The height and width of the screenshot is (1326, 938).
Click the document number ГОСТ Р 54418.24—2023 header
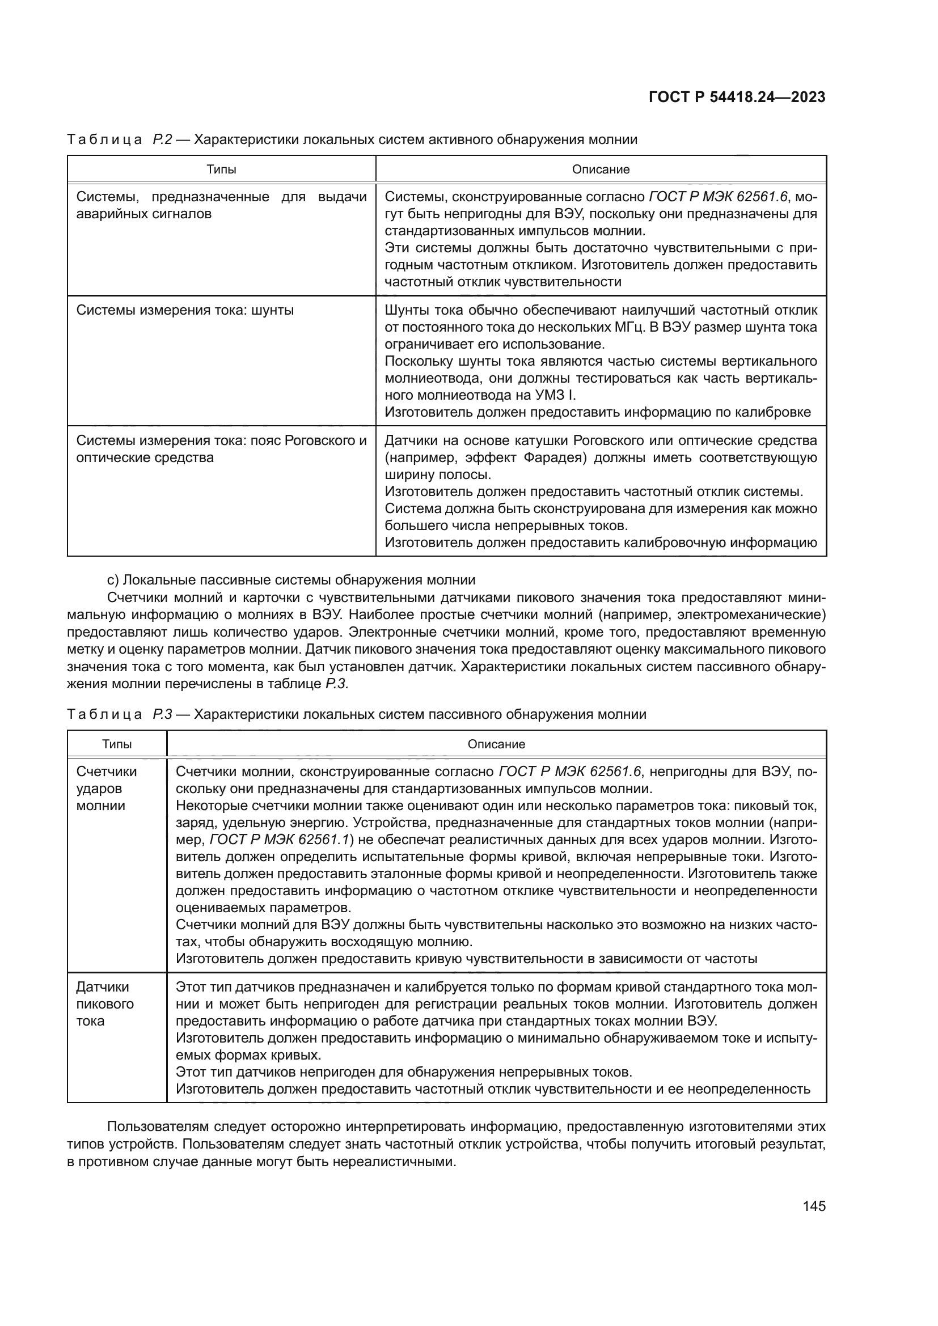tap(737, 97)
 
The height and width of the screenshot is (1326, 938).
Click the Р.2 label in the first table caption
tap(162, 140)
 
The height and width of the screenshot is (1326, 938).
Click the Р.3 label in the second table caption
tap(162, 714)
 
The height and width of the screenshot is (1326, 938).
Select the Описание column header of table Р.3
tap(496, 744)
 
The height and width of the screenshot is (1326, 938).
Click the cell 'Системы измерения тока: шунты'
tap(185, 311)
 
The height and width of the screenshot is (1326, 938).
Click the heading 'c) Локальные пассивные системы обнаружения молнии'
tap(291, 580)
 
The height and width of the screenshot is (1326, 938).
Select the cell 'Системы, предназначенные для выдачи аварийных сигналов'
tap(221, 206)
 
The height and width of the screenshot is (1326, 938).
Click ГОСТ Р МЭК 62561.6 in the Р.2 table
tap(718, 197)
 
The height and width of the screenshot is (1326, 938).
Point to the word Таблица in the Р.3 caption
tap(104, 714)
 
